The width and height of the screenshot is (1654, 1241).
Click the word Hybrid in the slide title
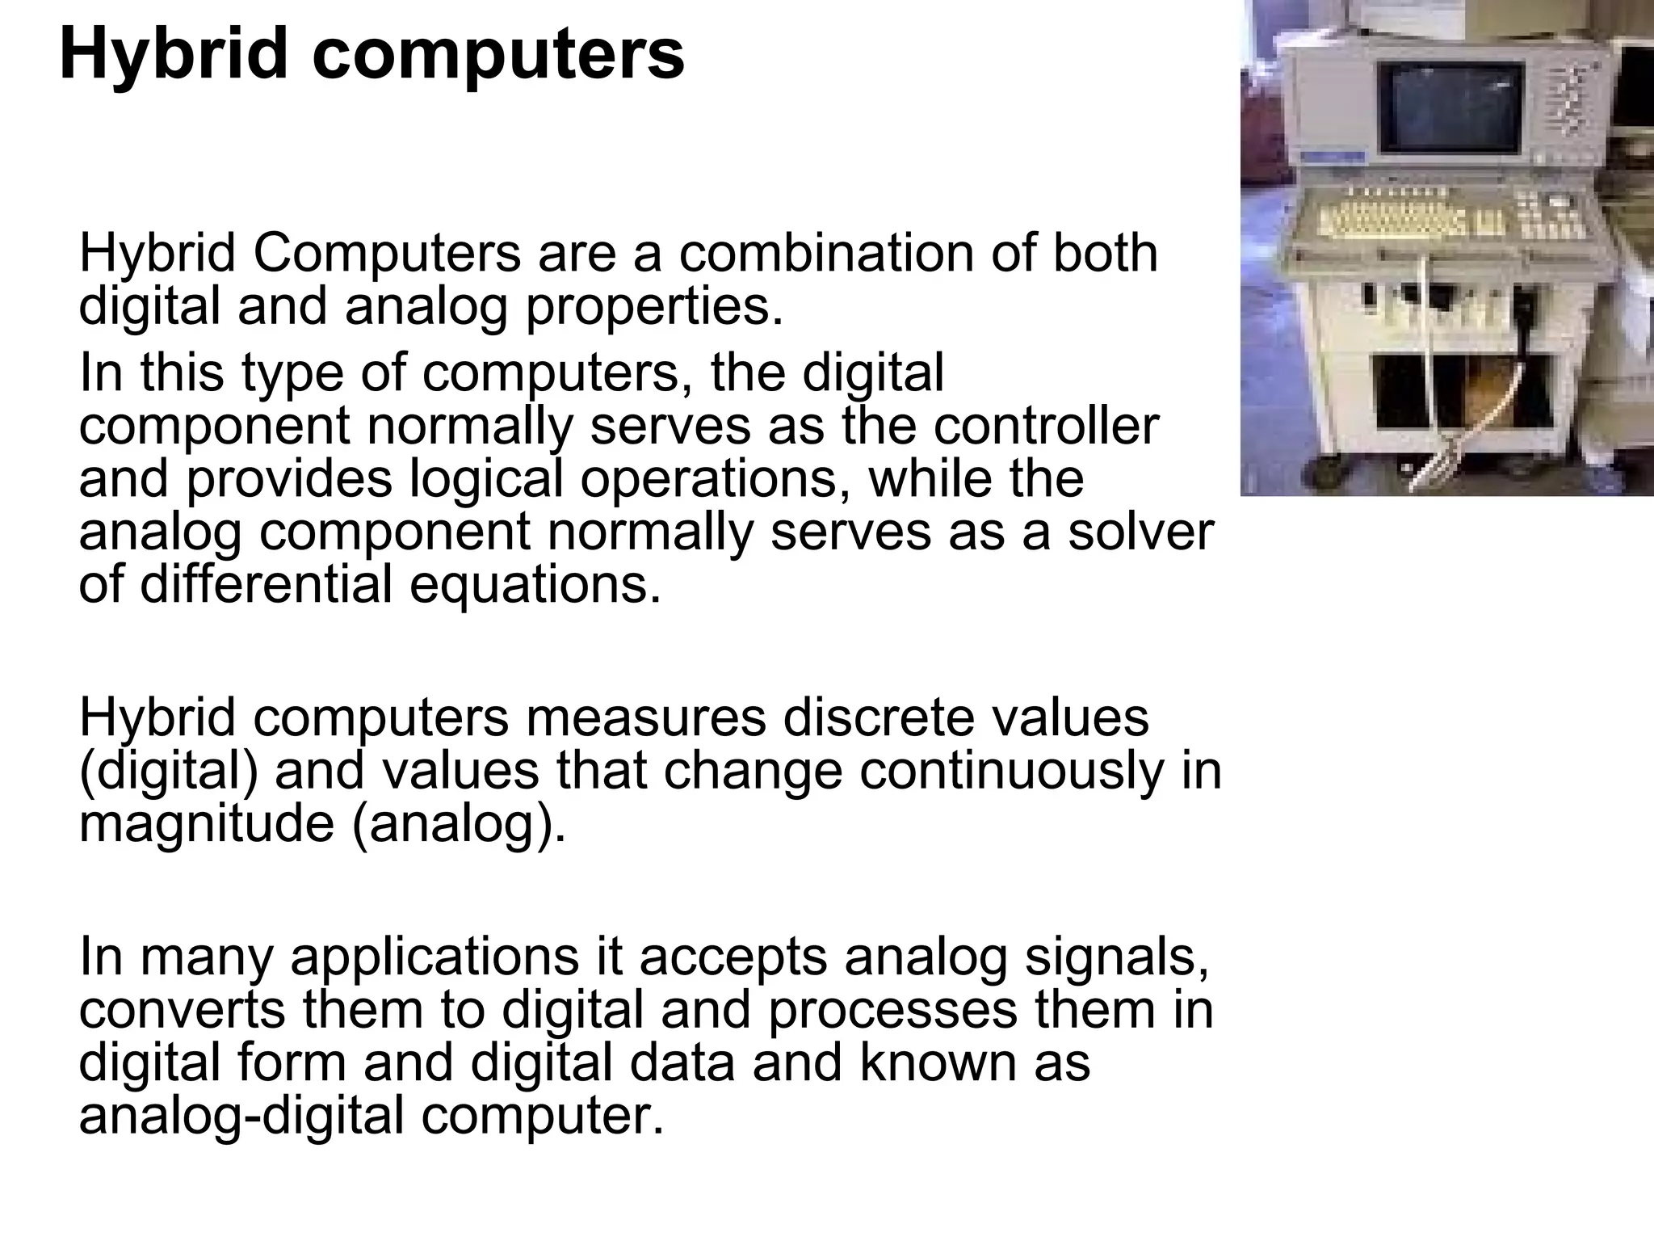pyautogui.click(x=173, y=55)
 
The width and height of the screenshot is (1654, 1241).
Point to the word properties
pyautogui.click(x=654, y=307)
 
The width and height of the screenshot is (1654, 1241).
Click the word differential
pyautogui.click(x=267, y=584)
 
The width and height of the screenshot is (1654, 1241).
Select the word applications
pyautogui.click(x=434, y=957)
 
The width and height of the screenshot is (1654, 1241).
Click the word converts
pyautogui.click(x=183, y=1009)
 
